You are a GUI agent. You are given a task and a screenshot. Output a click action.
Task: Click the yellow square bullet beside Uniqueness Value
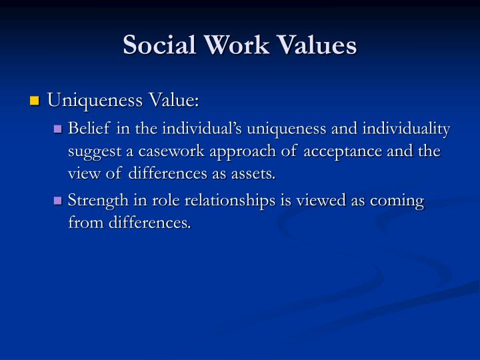click(x=35, y=102)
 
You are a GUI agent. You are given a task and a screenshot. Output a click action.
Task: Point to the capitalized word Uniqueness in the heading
click(x=89, y=101)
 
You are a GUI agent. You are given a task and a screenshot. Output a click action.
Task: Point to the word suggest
click(x=93, y=151)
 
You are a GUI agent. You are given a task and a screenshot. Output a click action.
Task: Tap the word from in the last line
click(x=83, y=223)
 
